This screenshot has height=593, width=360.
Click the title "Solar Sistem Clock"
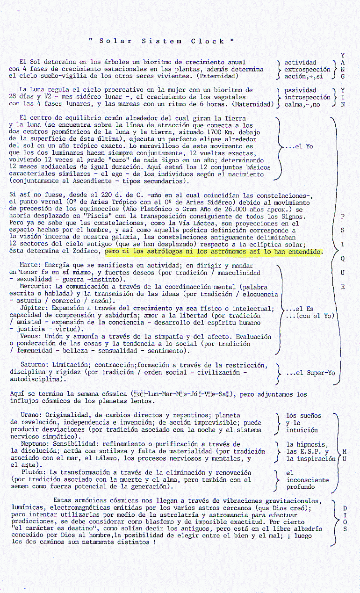click(x=161, y=41)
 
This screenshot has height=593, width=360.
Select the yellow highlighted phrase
click(x=214, y=252)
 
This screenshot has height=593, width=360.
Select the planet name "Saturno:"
click(x=35, y=365)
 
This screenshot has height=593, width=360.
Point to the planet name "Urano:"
click(x=33, y=415)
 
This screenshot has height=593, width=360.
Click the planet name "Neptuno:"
click(x=36, y=444)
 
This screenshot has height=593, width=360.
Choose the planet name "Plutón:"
click(x=33, y=473)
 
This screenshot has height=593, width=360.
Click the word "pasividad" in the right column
click(x=301, y=90)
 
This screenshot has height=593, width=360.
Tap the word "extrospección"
click(x=307, y=69)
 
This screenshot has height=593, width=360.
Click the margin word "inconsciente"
click(x=307, y=480)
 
